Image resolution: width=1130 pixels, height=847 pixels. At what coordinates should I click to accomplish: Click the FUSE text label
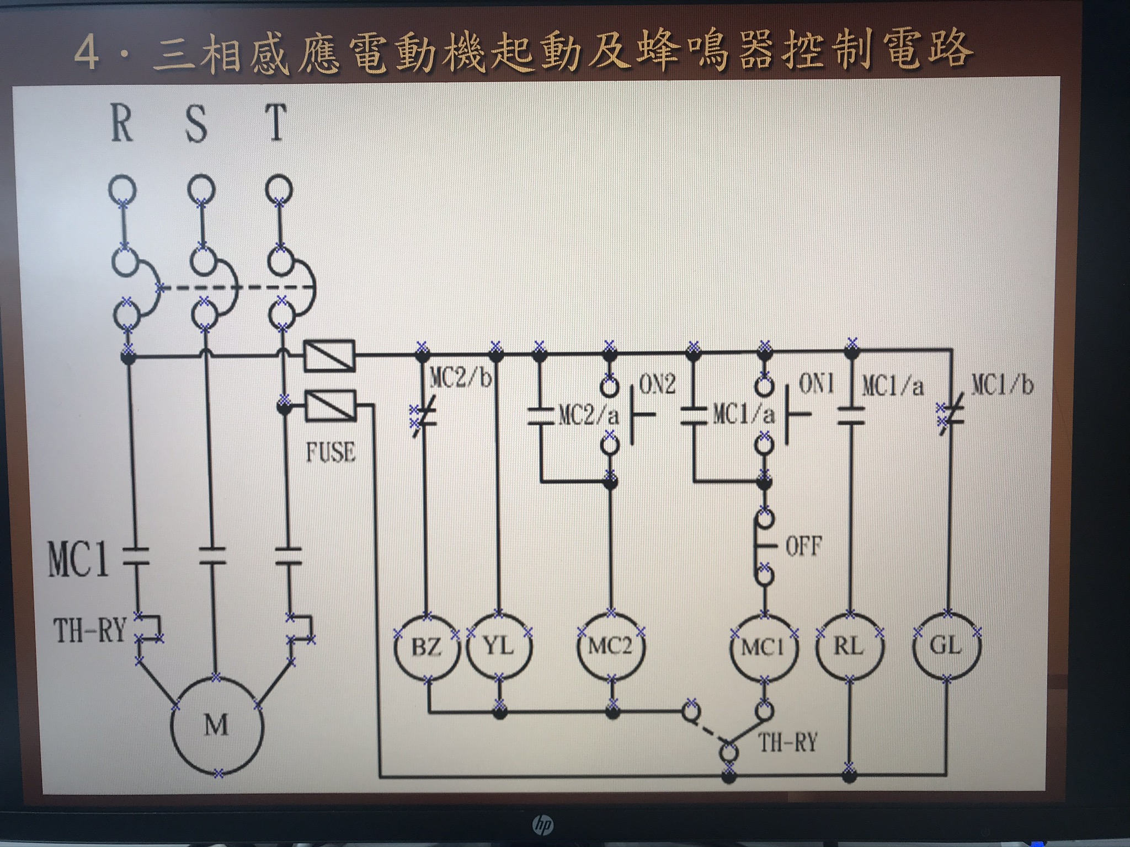pyautogui.click(x=331, y=453)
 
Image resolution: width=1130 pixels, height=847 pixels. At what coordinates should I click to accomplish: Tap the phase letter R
pyautogui.click(x=122, y=123)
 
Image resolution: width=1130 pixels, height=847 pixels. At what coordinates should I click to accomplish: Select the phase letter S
pyautogui.click(x=196, y=124)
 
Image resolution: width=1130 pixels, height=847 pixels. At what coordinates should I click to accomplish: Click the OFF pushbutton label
pyautogui.click(x=803, y=546)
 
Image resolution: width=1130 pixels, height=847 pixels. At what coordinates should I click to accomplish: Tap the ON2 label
pyautogui.click(x=657, y=384)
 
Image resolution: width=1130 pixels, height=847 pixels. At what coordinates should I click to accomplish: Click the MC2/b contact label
pyautogui.click(x=460, y=378)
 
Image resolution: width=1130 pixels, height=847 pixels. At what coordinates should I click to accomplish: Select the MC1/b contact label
pyautogui.click(x=1002, y=384)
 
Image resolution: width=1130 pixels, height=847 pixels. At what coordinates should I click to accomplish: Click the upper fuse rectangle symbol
pyautogui.click(x=329, y=356)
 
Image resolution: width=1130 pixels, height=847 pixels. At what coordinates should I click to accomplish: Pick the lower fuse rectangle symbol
pyautogui.click(x=331, y=406)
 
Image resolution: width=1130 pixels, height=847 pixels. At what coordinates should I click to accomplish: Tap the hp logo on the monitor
pyautogui.click(x=543, y=824)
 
